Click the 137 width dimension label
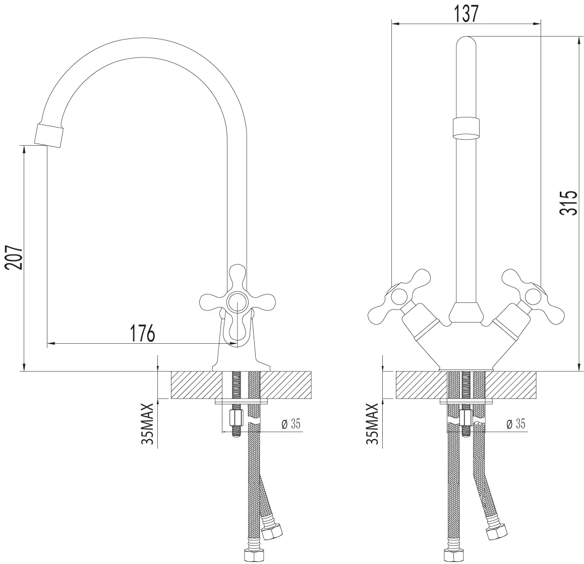pyautogui.click(x=466, y=14)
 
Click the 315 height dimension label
pyautogui.click(x=568, y=203)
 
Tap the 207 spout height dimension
pyautogui.click(x=14, y=257)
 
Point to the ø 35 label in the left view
pyautogui.click(x=291, y=424)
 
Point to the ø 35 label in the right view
pyautogui.click(x=516, y=424)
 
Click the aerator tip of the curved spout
pyautogui.click(x=49, y=135)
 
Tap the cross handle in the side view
pyautogui.click(x=237, y=298)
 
